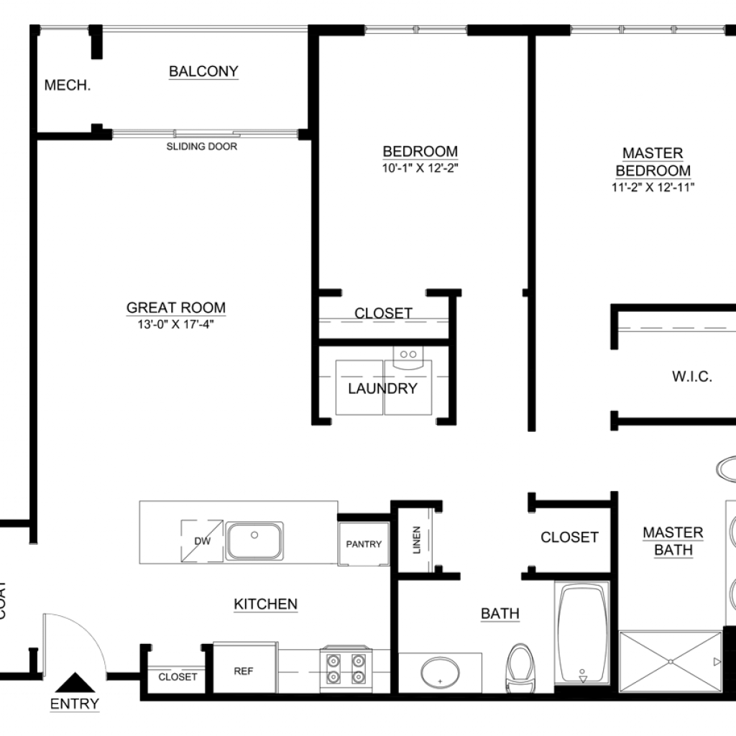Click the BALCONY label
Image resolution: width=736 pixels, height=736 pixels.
(x=203, y=71)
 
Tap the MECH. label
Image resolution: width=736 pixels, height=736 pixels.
(x=68, y=85)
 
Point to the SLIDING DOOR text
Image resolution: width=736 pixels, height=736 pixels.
(x=202, y=147)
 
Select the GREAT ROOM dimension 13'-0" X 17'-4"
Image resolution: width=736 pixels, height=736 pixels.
(x=175, y=324)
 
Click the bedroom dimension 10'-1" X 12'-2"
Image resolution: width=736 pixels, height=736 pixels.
(x=420, y=168)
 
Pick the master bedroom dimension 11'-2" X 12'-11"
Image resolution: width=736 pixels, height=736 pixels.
(x=653, y=188)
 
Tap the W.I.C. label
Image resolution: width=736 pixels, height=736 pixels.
(x=692, y=377)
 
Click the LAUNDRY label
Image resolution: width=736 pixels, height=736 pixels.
(x=382, y=389)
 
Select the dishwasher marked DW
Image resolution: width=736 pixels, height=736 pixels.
(x=202, y=540)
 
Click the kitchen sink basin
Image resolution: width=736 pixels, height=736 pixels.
(x=254, y=540)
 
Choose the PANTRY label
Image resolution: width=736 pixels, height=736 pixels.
(x=364, y=544)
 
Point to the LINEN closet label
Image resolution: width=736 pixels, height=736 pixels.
(x=417, y=540)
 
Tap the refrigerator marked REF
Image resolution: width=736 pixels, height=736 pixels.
(x=244, y=668)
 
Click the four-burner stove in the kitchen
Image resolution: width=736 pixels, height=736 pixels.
(x=346, y=669)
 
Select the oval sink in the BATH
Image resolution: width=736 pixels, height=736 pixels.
(x=440, y=673)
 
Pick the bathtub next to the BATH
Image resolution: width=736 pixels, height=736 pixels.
(x=582, y=632)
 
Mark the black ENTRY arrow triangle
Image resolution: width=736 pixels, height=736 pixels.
(x=75, y=683)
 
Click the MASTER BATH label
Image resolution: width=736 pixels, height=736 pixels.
(x=673, y=540)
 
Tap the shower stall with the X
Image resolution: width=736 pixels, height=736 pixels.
(x=671, y=662)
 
